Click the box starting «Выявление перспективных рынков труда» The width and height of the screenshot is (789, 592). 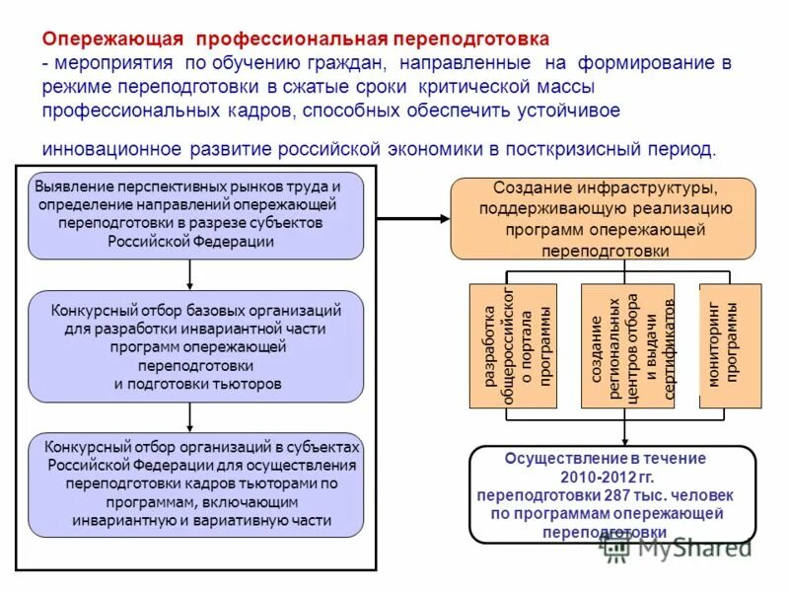(196, 215)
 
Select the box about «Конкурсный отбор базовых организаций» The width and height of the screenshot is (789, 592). (196, 346)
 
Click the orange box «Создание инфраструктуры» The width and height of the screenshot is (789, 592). (604, 218)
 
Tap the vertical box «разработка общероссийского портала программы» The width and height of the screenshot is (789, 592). (513, 346)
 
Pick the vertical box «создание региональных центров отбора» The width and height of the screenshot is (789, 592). (627, 346)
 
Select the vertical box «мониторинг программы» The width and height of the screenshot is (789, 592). (730, 346)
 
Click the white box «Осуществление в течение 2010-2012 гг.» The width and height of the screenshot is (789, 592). (611, 494)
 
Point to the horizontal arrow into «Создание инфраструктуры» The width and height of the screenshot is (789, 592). (413, 216)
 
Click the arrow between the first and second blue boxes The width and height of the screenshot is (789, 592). (189, 274)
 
